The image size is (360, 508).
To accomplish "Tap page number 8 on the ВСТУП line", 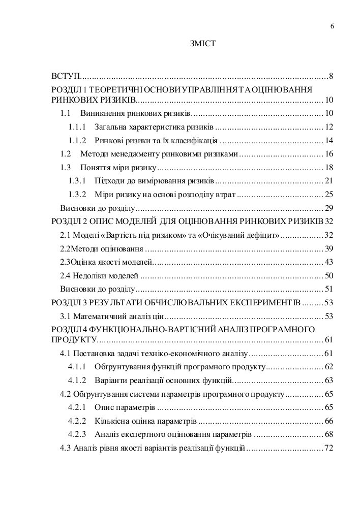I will coord(331,77).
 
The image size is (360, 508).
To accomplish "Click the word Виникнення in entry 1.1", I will coord(99,113).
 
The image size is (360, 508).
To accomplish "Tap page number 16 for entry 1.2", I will coord(328,153).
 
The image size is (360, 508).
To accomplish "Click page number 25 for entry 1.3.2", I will coord(328,194).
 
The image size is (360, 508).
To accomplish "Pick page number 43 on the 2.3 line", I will coord(328,262).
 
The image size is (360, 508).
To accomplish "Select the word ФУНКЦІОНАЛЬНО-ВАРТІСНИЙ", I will coord(146,330).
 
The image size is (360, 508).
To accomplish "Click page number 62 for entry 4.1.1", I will coord(328,366).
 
